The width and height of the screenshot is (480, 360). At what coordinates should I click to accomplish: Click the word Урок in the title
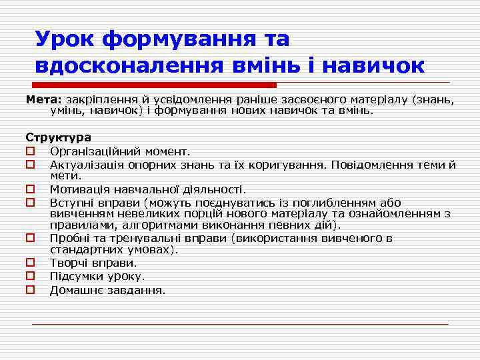tap(65, 39)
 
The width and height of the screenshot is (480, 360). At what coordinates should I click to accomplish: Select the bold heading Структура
tap(58, 137)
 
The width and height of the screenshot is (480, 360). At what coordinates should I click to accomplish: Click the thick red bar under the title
tap(154, 85)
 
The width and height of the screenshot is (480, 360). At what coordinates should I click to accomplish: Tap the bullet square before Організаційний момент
tap(29, 151)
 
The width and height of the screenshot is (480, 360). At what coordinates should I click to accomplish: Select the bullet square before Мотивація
tap(29, 189)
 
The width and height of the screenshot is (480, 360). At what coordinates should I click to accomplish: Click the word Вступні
tap(73, 201)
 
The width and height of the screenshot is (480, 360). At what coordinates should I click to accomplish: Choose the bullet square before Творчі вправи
tap(29, 263)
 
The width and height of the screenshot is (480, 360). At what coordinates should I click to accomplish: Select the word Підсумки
tap(77, 276)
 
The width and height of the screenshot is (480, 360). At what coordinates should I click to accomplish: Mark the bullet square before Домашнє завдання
tap(29, 289)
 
